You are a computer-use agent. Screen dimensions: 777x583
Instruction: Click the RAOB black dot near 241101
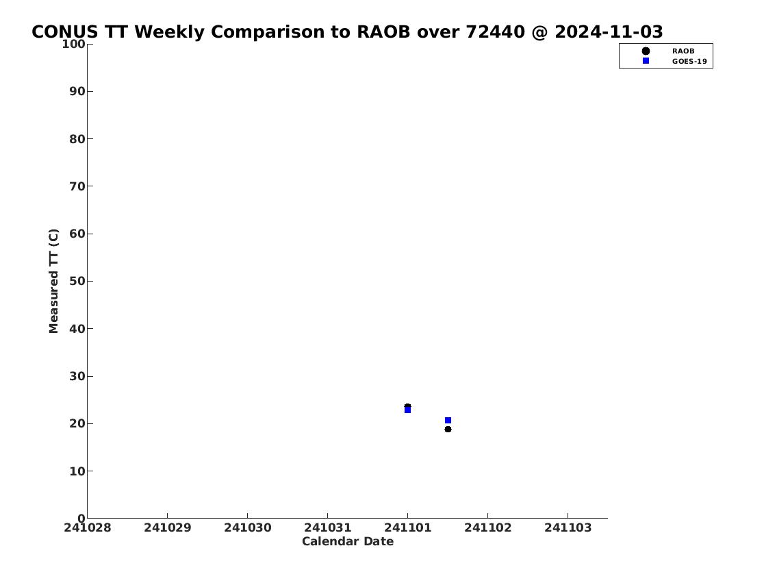coord(407,406)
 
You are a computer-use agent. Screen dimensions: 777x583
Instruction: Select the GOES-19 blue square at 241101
coord(407,410)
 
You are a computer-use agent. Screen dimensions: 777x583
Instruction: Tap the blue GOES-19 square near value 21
coord(448,421)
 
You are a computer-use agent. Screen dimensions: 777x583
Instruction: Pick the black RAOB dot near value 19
coord(448,430)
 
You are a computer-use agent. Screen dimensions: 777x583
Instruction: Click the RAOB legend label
coord(683,51)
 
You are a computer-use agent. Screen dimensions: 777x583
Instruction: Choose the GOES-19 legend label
coord(689,62)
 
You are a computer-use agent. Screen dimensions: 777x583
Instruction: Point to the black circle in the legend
coord(646,51)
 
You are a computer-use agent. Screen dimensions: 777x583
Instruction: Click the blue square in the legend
coord(646,60)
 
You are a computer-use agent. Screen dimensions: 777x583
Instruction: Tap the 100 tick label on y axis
coord(73,44)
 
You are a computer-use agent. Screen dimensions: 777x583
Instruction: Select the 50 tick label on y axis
coord(77,281)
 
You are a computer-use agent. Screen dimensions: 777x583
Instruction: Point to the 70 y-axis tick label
coord(77,186)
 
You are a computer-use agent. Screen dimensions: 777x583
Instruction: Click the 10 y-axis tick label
coord(77,471)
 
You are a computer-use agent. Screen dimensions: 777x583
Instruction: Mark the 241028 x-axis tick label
coord(87,528)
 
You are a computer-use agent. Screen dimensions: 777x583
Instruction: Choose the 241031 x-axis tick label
coord(327,528)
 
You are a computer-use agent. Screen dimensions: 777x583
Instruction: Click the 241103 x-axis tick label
coord(568,528)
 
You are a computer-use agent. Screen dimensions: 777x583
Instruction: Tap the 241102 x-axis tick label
coord(487,528)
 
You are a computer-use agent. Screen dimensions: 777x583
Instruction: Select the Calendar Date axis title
coord(347,541)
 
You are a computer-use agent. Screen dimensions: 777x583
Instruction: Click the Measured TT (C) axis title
coord(53,281)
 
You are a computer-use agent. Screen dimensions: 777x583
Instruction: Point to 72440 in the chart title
coord(495,32)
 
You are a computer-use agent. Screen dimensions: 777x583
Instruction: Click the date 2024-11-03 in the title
coord(609,32)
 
